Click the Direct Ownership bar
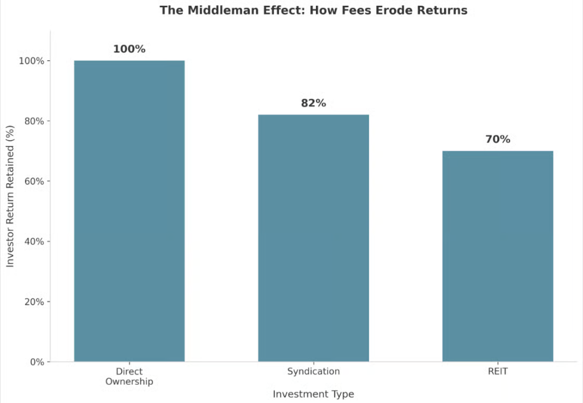point(129,211)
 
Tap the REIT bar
point(498,256)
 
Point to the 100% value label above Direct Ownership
point(129,49)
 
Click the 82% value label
point(313,103)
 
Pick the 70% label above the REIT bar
point(498,139)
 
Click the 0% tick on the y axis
point(36,362)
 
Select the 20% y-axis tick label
point(34,302)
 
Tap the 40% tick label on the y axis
point(34,241)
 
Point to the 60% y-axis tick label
point(34,181)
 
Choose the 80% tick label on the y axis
point(34,121)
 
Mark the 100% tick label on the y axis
point(31,61)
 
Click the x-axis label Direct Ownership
point(129,376)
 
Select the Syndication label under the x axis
point(313,371)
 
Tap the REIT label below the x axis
point(498,371)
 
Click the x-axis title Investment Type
point(313,394)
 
